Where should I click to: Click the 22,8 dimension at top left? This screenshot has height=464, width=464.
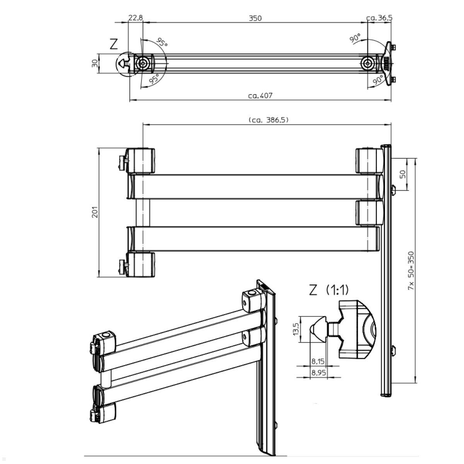pyautogui.click(x=135, y=18)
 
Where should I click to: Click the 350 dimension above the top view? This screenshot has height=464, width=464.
pyautogui.click(x=255, y=18)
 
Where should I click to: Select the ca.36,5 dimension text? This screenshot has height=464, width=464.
pyautogui.click(x=379, y=18)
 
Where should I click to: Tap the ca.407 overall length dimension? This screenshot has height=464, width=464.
pyautogui.click(x=260, y=96)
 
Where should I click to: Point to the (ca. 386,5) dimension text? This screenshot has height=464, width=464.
pyautogui.click(x=268, y=120)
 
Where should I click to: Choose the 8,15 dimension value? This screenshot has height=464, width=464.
pyautogui.click(x=318, y=362)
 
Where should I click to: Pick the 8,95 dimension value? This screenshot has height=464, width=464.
pyautogui.click(x=318, y=373)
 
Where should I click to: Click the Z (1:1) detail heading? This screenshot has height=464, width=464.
pyautogui.click(x=329, y=290)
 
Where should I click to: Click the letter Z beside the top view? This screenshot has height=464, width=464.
pyautogui.click(x=113, y=44)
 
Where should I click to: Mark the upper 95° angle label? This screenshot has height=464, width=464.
pyautogui.click(x=162, y=42)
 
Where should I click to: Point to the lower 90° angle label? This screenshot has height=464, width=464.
pyautogui.click(x=378, y=80)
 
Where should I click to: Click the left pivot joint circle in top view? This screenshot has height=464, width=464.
pyautogui.click(x=143, y=63)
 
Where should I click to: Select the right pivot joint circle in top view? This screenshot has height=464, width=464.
pyautogui.click(x=367, y=63)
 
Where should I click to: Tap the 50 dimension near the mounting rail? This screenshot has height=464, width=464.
pyautogui.click(x=403, y=174)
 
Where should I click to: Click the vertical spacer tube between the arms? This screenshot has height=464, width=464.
pyautogui.click(x=142, y=212)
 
